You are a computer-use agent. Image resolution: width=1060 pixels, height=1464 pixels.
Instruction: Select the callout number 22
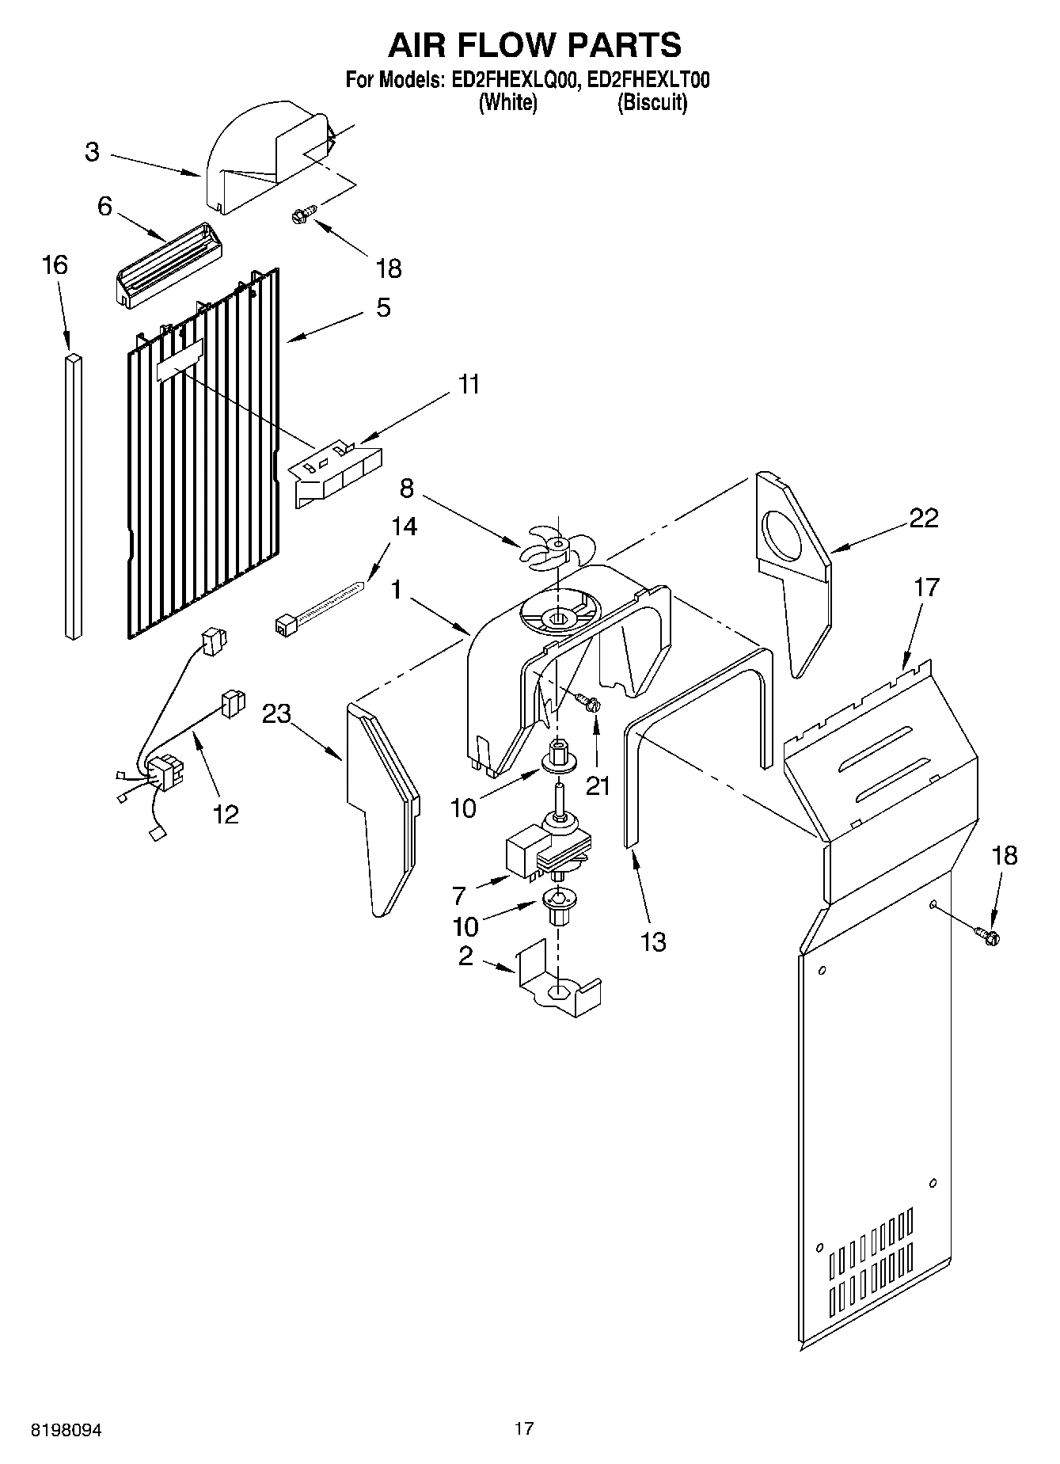(923, 518)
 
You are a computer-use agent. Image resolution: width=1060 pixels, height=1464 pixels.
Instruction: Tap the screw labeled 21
(587, 702)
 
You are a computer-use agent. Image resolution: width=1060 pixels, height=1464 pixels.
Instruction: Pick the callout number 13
(654, 941)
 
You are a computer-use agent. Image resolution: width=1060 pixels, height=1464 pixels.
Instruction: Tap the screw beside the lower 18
(988, 936)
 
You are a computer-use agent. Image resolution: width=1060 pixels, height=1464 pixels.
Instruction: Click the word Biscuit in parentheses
(652, 103)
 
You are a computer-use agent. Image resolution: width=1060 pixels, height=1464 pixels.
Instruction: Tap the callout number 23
(277, 714)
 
